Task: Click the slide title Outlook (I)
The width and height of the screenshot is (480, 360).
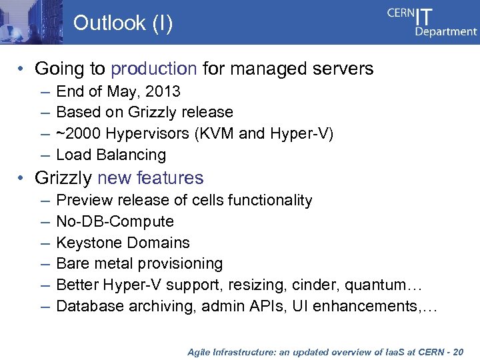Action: (123, 23)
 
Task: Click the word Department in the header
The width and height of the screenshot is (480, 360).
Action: (446, 31)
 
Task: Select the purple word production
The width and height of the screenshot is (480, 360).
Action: (154, 69)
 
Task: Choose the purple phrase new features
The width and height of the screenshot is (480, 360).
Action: (151, 178)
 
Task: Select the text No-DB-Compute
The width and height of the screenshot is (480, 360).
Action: (115, 221)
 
